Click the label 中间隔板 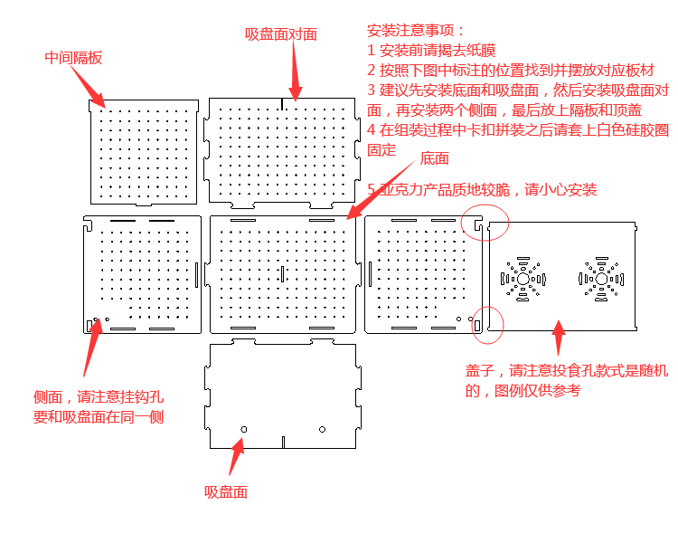point(73,58)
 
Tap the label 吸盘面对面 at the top point(281,34)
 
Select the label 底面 point(434,158)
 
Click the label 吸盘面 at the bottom point(226,491)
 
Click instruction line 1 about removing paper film point(431,50)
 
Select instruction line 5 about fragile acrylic point(482,189)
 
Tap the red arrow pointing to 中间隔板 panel point(89,85)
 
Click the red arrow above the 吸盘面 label point(236,457)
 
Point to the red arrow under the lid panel point(559,339)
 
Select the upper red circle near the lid point(485,222)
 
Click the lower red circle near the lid point(488,326)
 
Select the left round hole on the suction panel point(243,428)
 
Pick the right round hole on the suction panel point(322,428)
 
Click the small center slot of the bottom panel point(282,272)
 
